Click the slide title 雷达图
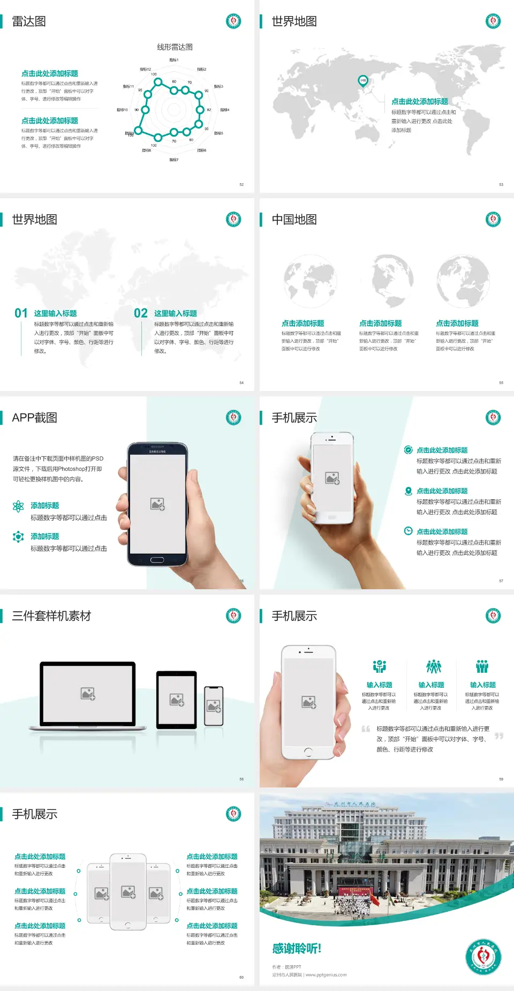[x=29, y=21]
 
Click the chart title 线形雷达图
[x=175, y=47]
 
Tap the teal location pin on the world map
[x=362, y=81]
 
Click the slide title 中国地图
[x=294, y=220]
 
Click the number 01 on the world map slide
[x=21, y=313]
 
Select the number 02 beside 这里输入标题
[x=141, y=313]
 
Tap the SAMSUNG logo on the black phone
[x=157, y=452]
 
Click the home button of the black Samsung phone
[x=157, y=560]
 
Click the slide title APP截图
[x=34, y=418]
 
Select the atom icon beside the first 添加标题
[x=18, y=506]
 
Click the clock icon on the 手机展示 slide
[x=408, y=531]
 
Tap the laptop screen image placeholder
[x=88, y=694]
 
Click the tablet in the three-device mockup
[x=177, y=700]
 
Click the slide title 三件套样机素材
[x=51, y=616]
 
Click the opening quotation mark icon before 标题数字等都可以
[x=366, y=729]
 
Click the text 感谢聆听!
[x=297, y=949]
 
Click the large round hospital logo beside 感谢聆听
[x=483, y=957]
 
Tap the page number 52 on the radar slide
[x=241, y=184]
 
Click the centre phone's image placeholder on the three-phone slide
[x=128, y=891]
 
